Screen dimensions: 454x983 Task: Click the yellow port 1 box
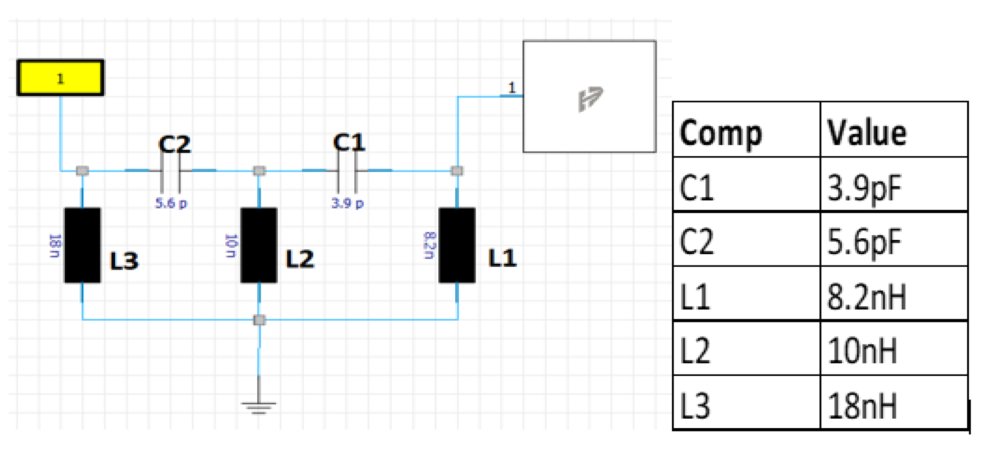(60, 78)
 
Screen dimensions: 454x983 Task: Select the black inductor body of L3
(82, 245)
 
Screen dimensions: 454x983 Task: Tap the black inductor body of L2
(259, 245)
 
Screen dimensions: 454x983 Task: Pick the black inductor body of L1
(457, 245)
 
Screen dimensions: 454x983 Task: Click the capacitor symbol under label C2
(171, 171)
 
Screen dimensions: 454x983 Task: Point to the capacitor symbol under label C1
(347, 171)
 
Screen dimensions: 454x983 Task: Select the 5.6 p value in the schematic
(171, 203)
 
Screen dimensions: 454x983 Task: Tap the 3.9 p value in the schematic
(347, 203)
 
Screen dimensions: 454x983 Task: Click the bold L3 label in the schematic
(124, 261)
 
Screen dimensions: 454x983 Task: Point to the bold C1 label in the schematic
(349, 142)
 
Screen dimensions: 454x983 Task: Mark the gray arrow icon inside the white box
(590, 98)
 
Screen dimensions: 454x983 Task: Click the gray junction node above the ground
(259, 320)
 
